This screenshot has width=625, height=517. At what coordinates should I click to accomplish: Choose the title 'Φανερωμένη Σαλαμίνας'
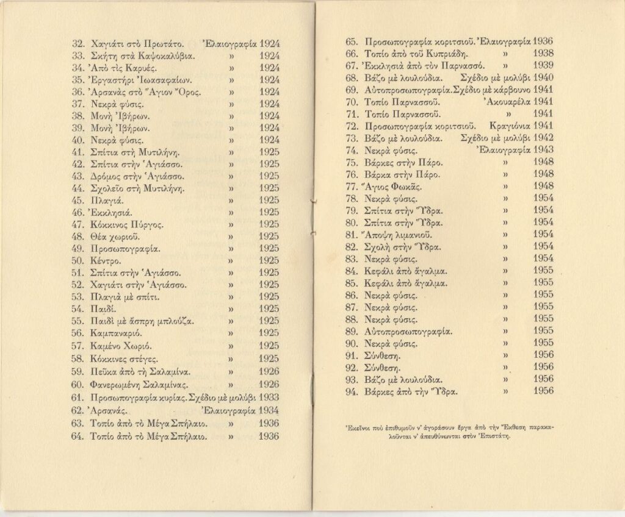pyautogui.click(x=138, y=385)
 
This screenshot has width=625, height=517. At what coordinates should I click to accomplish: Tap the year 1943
pyautogui.click(x=543, y=149)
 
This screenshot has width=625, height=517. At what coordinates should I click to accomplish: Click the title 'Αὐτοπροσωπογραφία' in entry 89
pyautogui.click(x=407, y=331)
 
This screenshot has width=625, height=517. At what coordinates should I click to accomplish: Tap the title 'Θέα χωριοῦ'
pyautogui.click(x=115, y=237)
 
